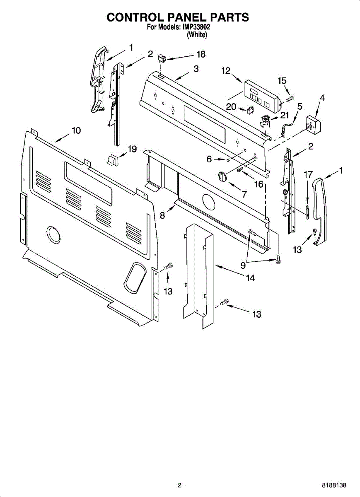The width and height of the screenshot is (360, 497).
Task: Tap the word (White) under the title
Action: click(x=196, y=35)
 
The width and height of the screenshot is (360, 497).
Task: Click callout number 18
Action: click(x=201, y=54)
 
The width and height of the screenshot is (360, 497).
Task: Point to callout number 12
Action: click(x=225, y=71)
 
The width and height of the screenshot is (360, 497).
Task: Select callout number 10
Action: click(x=76, y=130)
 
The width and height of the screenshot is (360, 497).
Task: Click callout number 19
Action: click(x=132, y=149)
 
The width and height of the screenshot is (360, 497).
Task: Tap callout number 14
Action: click(x=250, y=278)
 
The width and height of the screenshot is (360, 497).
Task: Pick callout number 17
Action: click(x=308, y=175)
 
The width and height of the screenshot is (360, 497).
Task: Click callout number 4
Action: click(x=322, y=98)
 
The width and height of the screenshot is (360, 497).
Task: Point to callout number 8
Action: click(x=162, y=215)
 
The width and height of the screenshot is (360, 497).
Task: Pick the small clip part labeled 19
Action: click(x=112, y=159)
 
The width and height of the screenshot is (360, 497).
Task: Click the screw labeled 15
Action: click(x=290, y=98)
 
